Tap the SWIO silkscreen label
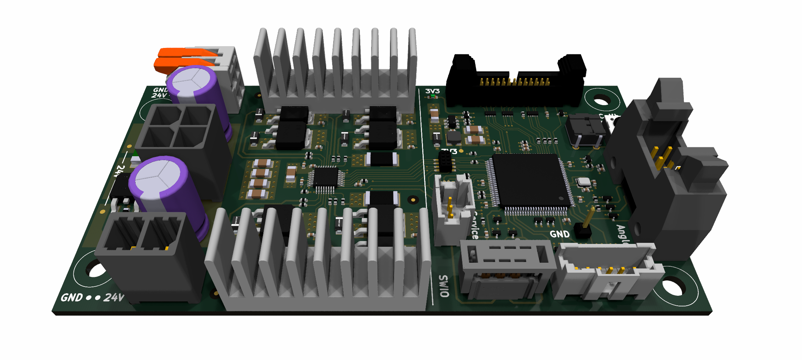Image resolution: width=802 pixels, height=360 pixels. tap(444, 286)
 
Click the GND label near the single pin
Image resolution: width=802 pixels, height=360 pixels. tap(560, 234)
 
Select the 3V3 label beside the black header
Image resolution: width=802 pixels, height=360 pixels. tap(432, 91)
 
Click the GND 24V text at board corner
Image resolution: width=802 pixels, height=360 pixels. tap(92, 297)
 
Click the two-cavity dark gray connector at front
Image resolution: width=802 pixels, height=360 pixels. tap(142, 234)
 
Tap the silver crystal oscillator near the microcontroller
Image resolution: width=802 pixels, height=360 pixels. tap(584, 182)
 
